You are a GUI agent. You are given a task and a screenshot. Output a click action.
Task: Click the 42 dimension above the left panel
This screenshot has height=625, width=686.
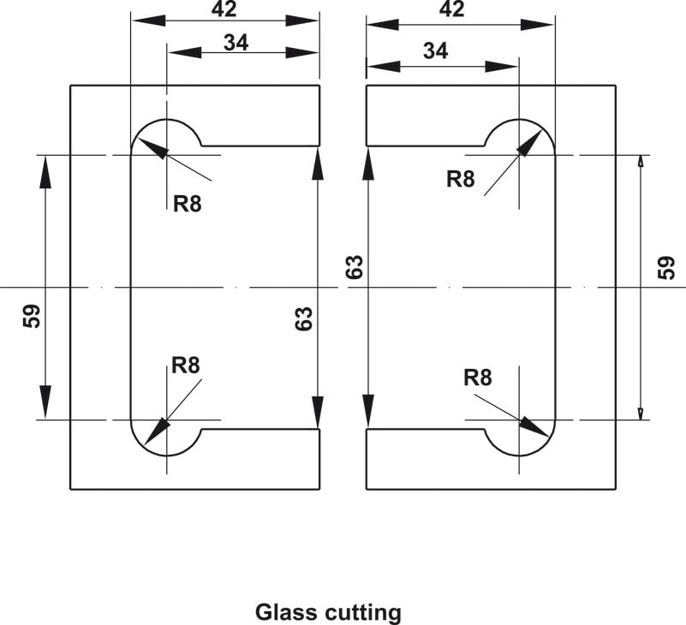click(x=224, y=9)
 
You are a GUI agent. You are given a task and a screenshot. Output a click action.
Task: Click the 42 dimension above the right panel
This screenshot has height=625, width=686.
click(x=451, y=9)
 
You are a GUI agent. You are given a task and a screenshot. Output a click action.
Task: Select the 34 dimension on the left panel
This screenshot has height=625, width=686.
click(x=236, y=43)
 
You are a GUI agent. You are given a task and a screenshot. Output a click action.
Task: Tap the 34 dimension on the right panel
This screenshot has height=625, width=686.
click(x=435, y=51)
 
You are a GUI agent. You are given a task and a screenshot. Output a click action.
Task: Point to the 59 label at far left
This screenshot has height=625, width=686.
click(x=32, y=316)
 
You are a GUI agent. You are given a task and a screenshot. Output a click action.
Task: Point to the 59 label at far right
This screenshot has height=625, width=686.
click(x=666, y=268)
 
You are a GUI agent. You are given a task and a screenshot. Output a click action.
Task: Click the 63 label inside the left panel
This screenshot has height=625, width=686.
click(x=304, y=318)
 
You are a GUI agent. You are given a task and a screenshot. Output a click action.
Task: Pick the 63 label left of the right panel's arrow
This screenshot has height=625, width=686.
click(x=355, y=267)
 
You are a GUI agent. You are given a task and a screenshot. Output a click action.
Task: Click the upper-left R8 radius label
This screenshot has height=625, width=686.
click(x=188, y=204)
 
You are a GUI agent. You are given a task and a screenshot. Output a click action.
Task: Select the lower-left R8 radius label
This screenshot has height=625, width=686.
click(x=186, y=366)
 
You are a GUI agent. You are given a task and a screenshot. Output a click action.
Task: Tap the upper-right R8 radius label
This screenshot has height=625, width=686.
click(x=460, y=179)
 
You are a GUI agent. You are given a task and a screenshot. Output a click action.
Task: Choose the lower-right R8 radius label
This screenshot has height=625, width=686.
click(x=478, y=378)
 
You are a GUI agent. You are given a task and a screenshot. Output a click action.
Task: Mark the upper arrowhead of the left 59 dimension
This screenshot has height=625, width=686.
click(x=45, y=172)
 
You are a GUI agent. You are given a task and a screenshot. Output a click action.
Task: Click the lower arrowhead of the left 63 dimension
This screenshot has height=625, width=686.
click(x=318, y=412)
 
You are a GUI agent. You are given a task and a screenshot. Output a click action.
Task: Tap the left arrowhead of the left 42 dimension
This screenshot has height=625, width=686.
click(x=149, y=20)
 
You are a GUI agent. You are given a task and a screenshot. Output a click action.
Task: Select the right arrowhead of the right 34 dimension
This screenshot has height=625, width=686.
click(x=501, y=67)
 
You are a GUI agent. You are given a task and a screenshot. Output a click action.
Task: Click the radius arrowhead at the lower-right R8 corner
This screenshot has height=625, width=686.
click(x=534, y=427)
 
